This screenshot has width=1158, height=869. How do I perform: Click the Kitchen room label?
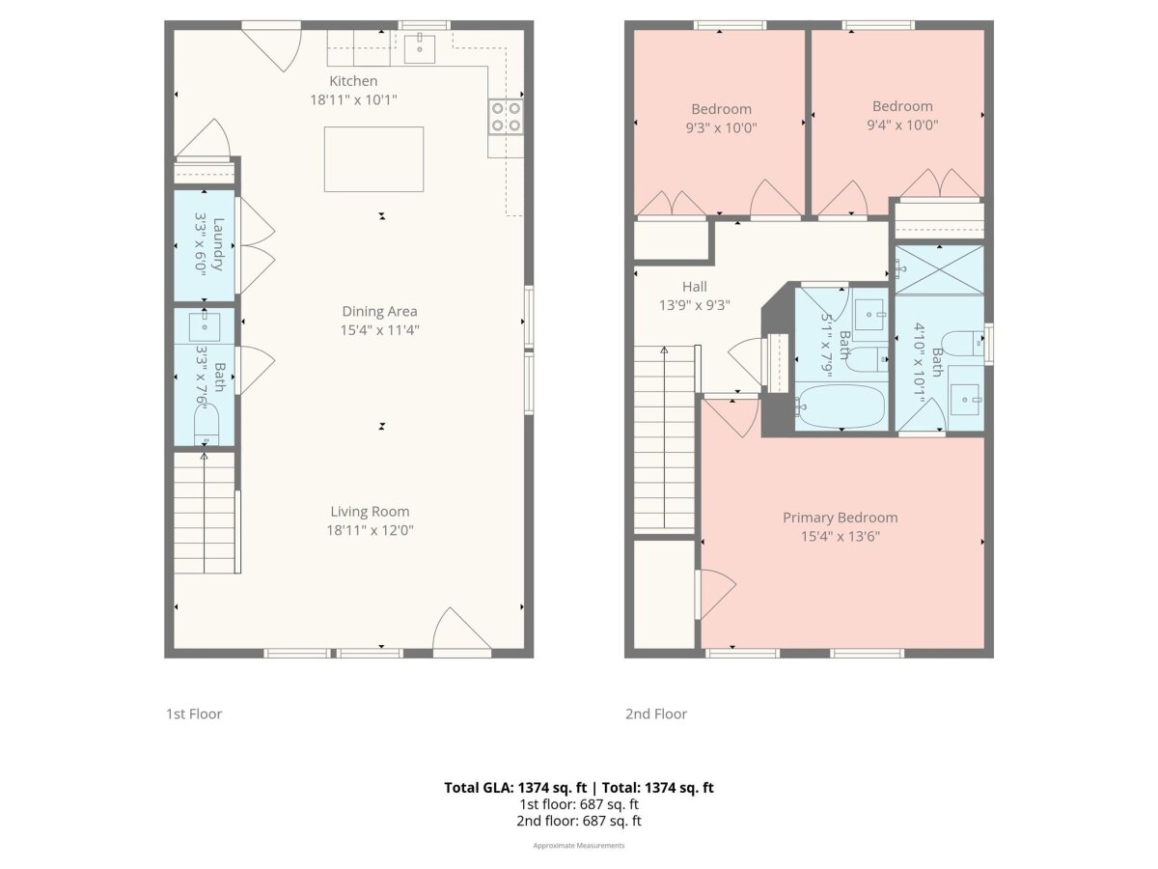353,81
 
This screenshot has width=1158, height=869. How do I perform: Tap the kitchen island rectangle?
373,158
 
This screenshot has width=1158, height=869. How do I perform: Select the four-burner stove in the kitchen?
506,117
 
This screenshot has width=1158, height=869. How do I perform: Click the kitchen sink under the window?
420,48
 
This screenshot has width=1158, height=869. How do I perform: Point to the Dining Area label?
379,311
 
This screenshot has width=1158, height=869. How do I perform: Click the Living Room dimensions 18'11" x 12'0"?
370,530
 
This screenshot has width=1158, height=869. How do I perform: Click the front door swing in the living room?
460,631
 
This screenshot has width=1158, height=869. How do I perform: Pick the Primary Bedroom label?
840,518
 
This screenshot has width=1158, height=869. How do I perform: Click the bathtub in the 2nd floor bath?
841,406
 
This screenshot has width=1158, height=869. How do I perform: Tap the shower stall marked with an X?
939,270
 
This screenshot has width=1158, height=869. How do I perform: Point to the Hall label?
694,287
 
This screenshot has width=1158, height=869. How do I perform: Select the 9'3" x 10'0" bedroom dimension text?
721,127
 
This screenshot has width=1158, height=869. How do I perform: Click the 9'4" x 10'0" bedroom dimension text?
902,126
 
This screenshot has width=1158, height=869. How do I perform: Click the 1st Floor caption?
194,714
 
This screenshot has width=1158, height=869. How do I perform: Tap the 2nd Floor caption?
656,714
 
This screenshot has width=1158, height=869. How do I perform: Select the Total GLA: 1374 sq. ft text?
515,788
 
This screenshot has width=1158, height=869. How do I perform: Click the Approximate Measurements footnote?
579,846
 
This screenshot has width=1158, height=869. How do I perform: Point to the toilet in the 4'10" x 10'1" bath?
963,343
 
